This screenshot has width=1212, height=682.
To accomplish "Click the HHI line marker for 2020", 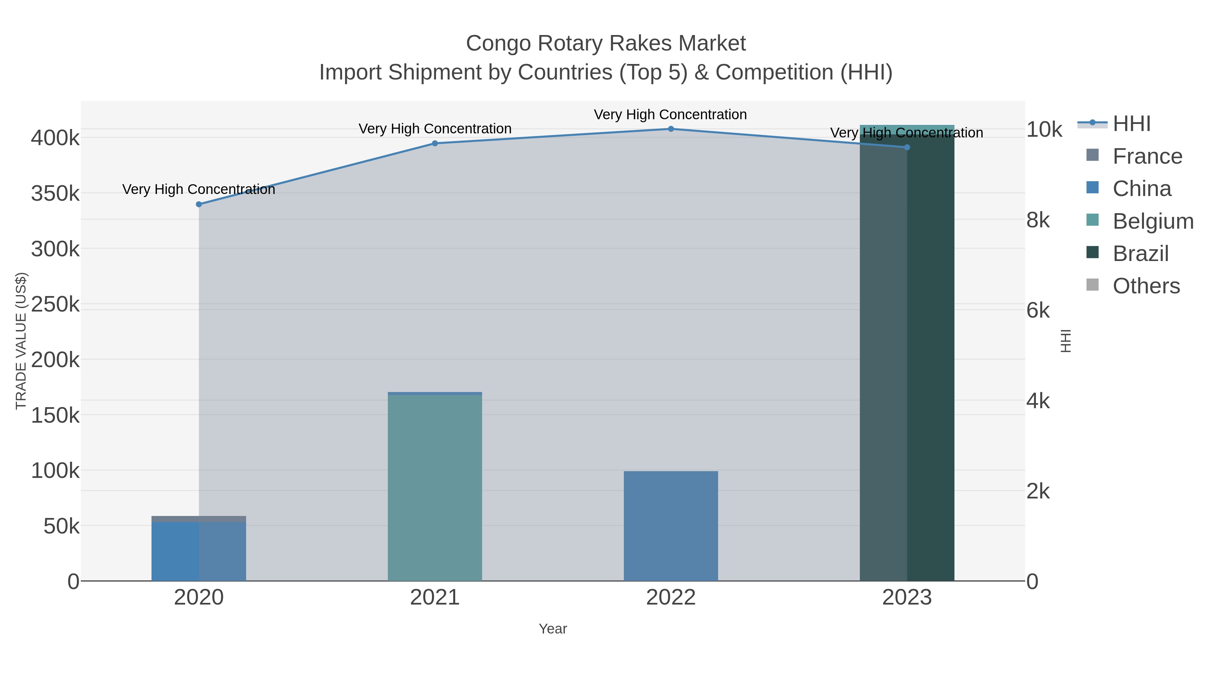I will pyautogui.click(x=199, y=204).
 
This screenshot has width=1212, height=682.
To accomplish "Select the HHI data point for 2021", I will pyautogui.click(x=435, y=143).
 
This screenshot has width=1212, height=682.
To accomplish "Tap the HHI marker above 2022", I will pyautogui.click(x=671, y=129).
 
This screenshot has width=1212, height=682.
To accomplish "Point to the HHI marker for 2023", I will pyautogui.click(x=907, y=147).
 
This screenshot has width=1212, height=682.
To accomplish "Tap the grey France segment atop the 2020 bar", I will pyautogui.click(x=199, y=519).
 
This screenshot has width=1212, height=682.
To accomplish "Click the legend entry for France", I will pyautogui.click(x=1147, y=156).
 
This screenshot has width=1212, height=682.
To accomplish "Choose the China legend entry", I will pyautogui.click(x=1141, y=189).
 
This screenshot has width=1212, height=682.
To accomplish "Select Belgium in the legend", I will pyautogui.click(x=1153, y=221).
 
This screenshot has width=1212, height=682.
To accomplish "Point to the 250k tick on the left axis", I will pyautogui.click(x=56, y=304).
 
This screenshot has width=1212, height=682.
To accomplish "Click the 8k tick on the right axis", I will pyautogui.click(x=1038, y=220).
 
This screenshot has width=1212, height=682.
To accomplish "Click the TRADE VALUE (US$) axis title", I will pyautogui.click(x=21, y=341).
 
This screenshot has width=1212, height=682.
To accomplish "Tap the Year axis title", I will pyautogui.click(x=553, y=629).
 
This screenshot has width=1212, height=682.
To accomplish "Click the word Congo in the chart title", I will pyautogui.click(x=498, y=43).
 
